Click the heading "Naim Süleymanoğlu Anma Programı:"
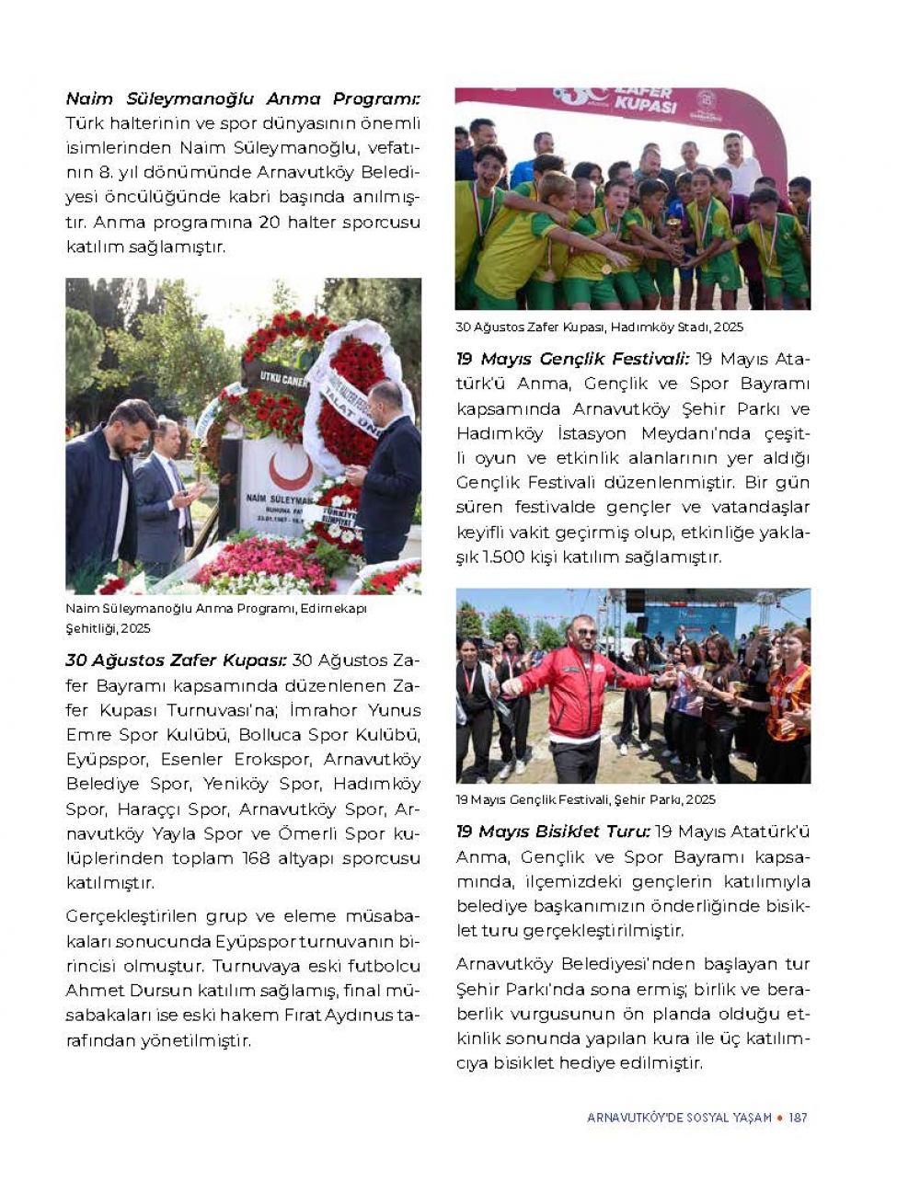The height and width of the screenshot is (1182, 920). (x=243, y=98)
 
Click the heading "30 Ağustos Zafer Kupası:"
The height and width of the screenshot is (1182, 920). (x=176, y=660)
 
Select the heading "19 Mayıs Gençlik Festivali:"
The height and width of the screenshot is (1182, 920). (x=572, y=359)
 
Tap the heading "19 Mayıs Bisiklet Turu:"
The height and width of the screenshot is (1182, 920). (x=553, y=832)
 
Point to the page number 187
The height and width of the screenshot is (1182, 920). (x=798, y=1118)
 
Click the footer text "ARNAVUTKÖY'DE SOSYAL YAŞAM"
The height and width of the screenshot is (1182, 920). (x=679, y=1118)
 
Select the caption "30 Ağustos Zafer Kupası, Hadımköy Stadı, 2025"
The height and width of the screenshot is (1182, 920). (x=599, y=327)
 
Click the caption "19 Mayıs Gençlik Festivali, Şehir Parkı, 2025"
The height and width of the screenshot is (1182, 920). (x=585, y=799)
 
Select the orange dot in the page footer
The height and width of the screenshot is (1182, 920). (x=780, y=1118)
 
